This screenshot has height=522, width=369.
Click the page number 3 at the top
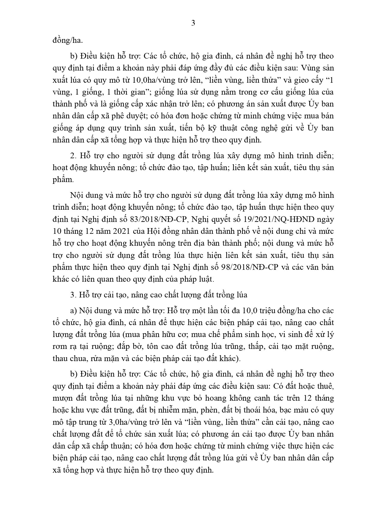tap(193, 23)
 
